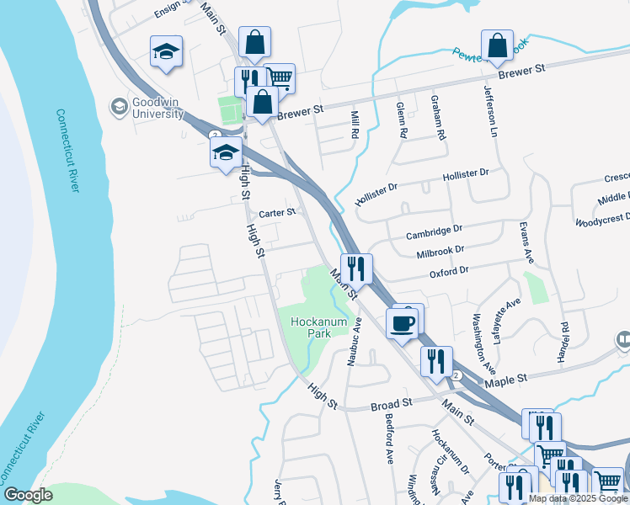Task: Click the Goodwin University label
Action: tap(157, 107)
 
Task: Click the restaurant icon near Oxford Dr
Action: tap(356, 268)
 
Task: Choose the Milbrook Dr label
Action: tap(440, 251)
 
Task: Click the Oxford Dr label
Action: tap(448, 272)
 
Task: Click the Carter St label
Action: tap(277, 214)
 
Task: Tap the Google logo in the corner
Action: tap(28, 494)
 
